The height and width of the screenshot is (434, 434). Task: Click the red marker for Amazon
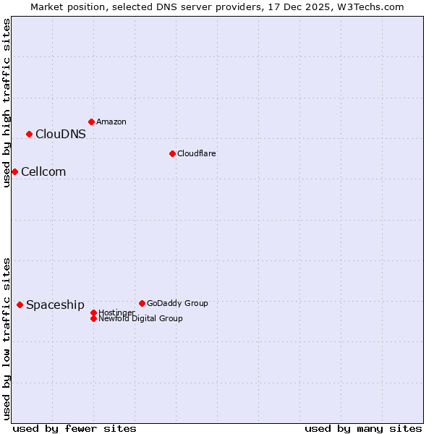[91, 122]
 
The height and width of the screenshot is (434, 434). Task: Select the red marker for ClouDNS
[29, 134]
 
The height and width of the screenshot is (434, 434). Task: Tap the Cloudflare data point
[172, 153]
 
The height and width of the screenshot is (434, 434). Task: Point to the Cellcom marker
[14, 171]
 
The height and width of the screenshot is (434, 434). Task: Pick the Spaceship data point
[20, 305]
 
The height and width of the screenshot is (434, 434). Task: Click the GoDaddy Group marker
[142, 303]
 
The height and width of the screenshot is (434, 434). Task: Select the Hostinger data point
[93, 312]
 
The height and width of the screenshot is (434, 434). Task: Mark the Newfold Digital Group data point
[93, 318]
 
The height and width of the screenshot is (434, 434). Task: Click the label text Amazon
[111, 122]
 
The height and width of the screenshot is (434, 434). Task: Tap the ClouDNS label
[60, 134]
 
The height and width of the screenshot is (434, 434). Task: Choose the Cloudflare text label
[196, 153]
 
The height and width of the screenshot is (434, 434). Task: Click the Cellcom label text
[43, 171]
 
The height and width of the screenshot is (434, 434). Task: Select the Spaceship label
[55, 305]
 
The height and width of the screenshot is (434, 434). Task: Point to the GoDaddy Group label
[177, 303]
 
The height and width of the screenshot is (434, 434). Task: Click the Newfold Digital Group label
[140, 318]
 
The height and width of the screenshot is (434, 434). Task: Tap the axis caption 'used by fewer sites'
[75, 428]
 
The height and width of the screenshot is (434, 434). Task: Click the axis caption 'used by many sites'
[363, 428]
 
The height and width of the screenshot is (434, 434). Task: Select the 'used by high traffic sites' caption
[7, 103]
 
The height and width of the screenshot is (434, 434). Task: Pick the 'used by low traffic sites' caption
[7, 338]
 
